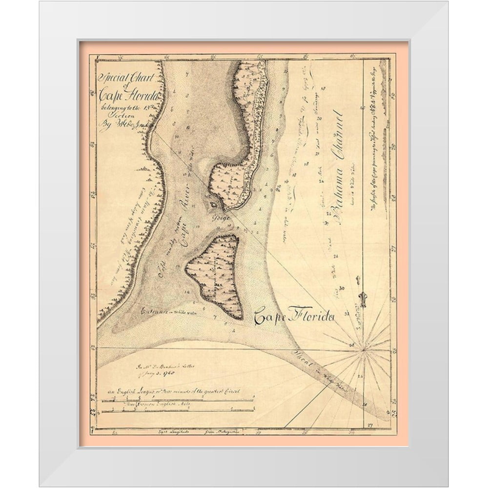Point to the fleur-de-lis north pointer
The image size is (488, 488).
363,297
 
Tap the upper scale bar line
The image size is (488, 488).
178,401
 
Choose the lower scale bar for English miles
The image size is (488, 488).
178,411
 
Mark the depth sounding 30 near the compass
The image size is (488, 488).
342,288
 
